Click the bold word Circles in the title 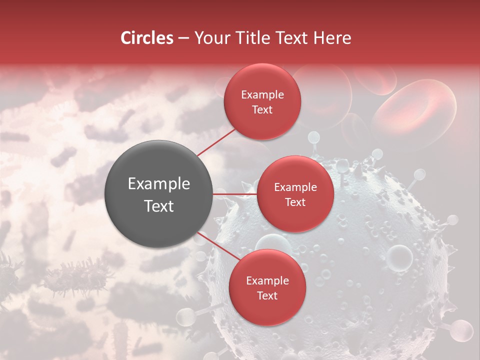pos(147,38)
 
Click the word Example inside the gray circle pos(159,184)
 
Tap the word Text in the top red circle pos(262,109)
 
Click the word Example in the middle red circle pos(295,187)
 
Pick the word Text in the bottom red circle pos(267,295)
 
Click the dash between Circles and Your pos(183,38)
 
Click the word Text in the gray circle pos(159,206)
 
